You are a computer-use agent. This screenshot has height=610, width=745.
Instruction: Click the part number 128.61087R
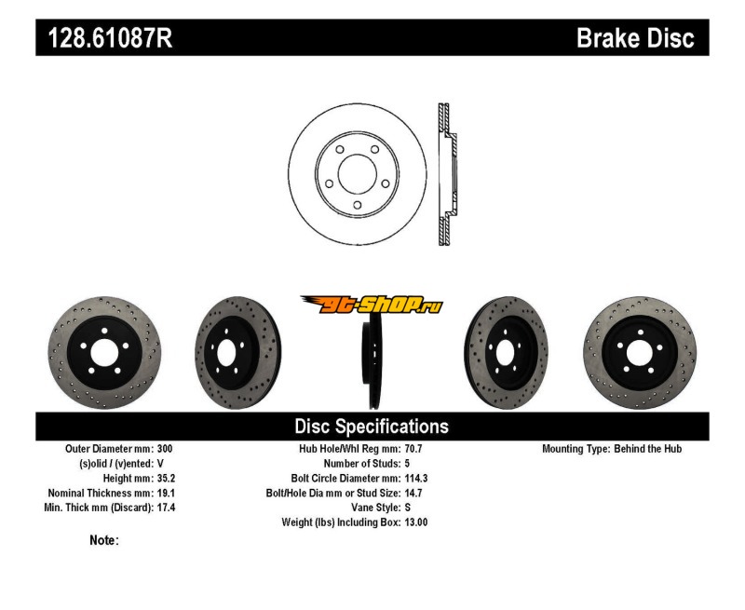point(104,38)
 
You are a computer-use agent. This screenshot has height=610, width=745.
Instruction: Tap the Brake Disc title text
point(635,38)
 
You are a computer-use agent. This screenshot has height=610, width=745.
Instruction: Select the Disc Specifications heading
point(372,427)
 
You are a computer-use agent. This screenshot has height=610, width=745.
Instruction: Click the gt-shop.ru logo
point(372,304)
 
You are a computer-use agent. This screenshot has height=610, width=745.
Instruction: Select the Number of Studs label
point(361,463)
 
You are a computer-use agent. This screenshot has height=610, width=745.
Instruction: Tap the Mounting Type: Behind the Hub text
point(612,449)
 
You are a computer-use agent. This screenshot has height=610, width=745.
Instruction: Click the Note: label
point(103,540)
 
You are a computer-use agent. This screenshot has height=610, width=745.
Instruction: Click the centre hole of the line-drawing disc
point(357,173)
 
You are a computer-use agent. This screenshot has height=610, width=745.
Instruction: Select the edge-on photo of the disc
point(372,359)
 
